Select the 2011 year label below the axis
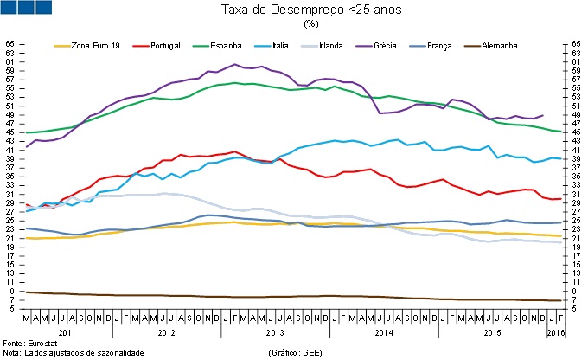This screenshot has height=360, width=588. pyautogui.click(x=67, y=331)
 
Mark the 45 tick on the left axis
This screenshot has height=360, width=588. pyautogui.click(x=10, y=132)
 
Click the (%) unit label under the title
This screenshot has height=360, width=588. pyautogui.click(x=311, y=24)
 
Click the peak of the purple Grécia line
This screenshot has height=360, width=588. pyautogui.click(x=236, y=65)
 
